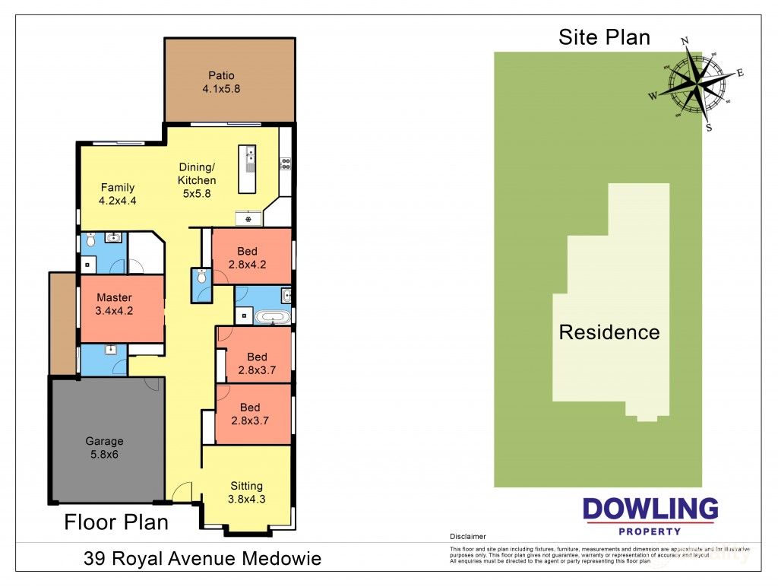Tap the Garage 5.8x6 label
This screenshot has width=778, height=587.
[x=104, y=447]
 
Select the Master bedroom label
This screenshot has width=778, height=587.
[x=114, y=304]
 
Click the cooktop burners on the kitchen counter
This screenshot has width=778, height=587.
[x=286, y=161]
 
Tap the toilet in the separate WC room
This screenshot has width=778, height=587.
[x=201, y=278]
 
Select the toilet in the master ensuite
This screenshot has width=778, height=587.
[x=90, y=241]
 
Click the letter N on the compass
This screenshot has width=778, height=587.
[x=685, y=41]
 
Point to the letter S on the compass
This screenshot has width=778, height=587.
[x=709, y=128]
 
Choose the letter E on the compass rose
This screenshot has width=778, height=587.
[x=740, y=73]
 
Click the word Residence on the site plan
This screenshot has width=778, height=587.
[x=609, y=332]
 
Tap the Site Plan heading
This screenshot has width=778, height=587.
[x=604, y=37]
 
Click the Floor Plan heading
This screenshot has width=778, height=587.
[x=116, y=522]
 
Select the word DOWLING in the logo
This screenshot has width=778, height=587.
[x=650, y=509]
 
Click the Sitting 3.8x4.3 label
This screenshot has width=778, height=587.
[x=247, y=493]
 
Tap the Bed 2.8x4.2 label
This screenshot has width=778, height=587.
[x=248, y=258]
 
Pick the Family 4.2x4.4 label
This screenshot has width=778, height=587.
[x=117, y=195]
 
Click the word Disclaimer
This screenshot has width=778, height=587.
[x=467, y=537]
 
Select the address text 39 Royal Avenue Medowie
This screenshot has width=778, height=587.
[x=202, y=560]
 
